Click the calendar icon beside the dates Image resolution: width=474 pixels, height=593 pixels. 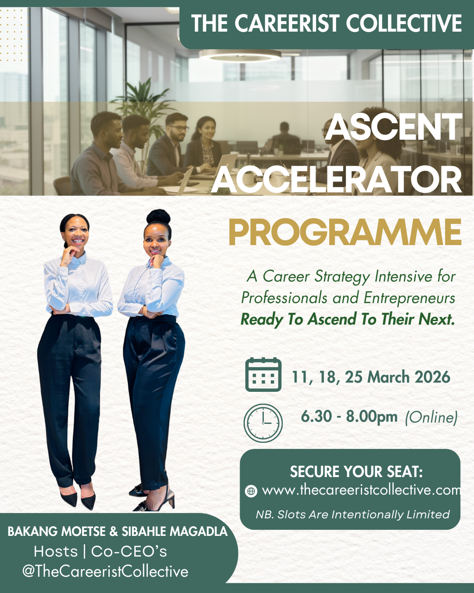(x=263, y=375)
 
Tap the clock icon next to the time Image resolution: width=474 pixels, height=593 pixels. (x=263, y=423)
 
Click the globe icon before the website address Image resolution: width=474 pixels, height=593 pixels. (x=251, y=491)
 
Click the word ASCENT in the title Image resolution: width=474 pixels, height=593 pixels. (x=393, y=127)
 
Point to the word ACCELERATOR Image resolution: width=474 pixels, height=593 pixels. (x=337, y=181)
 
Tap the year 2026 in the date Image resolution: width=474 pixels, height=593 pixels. (x=432, y=377)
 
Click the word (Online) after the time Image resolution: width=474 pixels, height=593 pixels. (x=431, y=417)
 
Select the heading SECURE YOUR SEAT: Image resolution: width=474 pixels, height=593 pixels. (x=356, y=472)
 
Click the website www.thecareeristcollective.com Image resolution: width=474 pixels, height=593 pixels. (x=361, y=490)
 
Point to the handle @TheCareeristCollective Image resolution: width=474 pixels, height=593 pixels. (x=105, y=571)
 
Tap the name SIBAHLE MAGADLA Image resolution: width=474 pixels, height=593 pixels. (x=175, y=532)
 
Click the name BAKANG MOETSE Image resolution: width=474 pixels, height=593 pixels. (x=57, y=532)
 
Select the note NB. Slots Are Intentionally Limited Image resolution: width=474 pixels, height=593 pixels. (x=352, y=514)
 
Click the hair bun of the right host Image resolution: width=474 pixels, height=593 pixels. (x=158, y=217)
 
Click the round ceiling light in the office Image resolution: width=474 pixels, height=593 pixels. (x=240, y=55)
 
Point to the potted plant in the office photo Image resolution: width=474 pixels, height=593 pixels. (x=142, y=103)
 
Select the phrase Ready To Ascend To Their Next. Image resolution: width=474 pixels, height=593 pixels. (x=348, y=319)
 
